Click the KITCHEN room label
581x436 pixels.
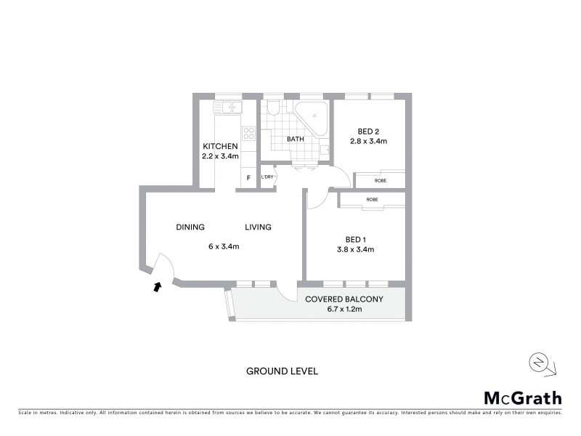pyautogui.click(x=220, y=146)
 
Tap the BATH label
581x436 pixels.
pyautogui.click(x=296, y=139)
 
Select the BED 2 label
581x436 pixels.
pyautogui.click(x=367, y=131)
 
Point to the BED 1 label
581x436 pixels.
pyautogui.click(x=354, y=239)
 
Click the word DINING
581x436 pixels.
pyautogui.click(x=190, y=227)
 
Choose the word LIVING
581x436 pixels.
pyautogui.click(x=258, y=227)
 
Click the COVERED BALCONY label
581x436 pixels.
pyautogui.click(x=344, y=299)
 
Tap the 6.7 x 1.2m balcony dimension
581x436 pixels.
pyautogui.click(x=344, y=310)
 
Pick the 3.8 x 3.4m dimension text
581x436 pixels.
pyautogui.click(x=354, y=249)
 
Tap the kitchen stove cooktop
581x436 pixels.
pyautogui.click(x=248, y=133)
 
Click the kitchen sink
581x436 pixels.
pyautogui.click(x=227, y=108)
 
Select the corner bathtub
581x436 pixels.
pyautogui.click(x=310, y=116)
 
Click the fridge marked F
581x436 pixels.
pyautogui.click(x=248, y=177)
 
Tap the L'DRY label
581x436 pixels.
pyautogui.click(x=267, y=177)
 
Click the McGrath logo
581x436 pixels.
pyautogui.click(x=522, y=397)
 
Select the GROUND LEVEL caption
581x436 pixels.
pyautogui.click(x=283, y=371)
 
